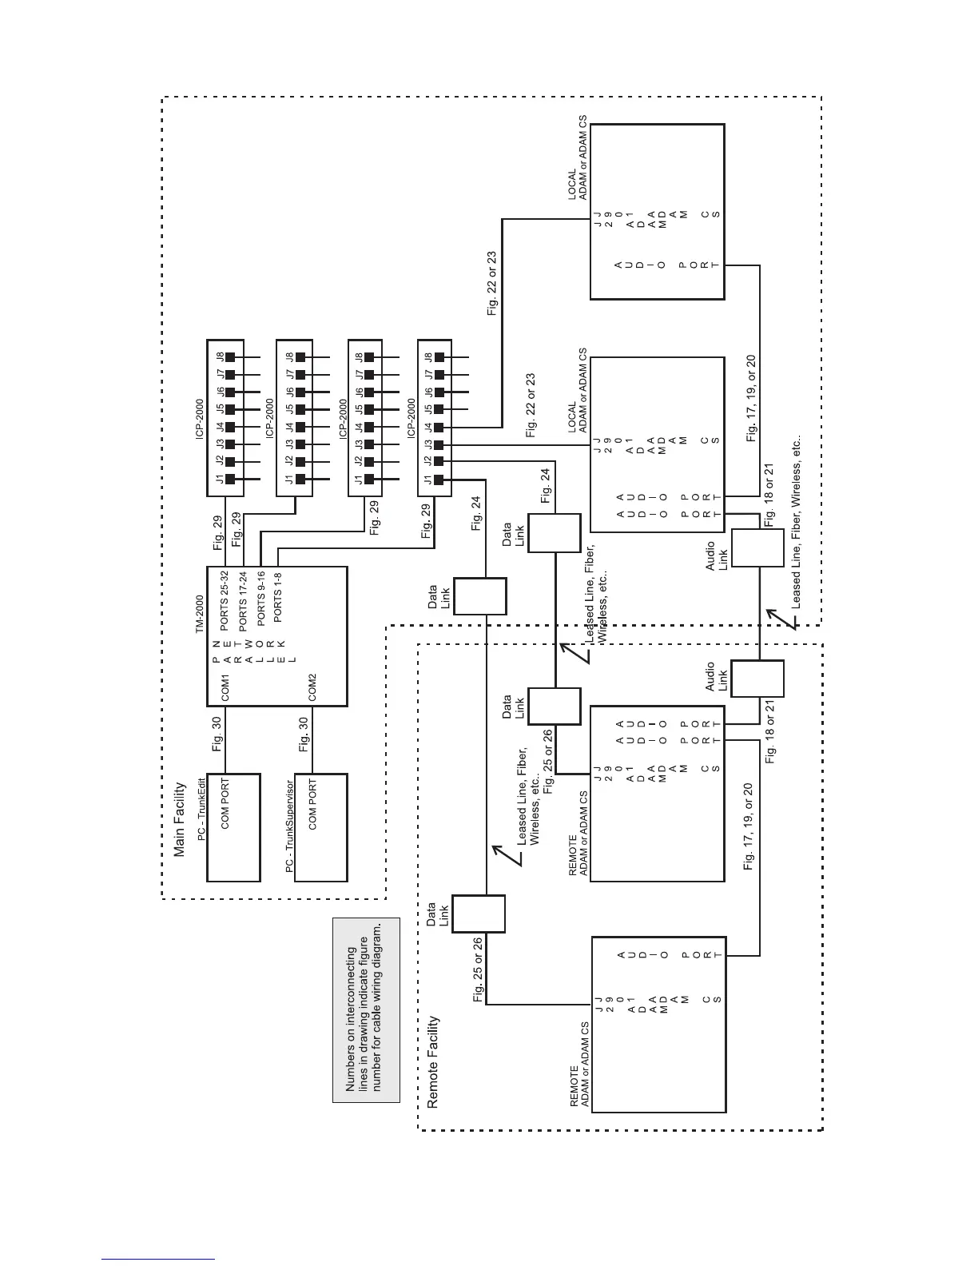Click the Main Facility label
tap(180, 819)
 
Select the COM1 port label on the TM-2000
tap(225, 687)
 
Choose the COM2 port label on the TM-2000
tap(313, 687)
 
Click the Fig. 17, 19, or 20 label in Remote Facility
tap(749, 826)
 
